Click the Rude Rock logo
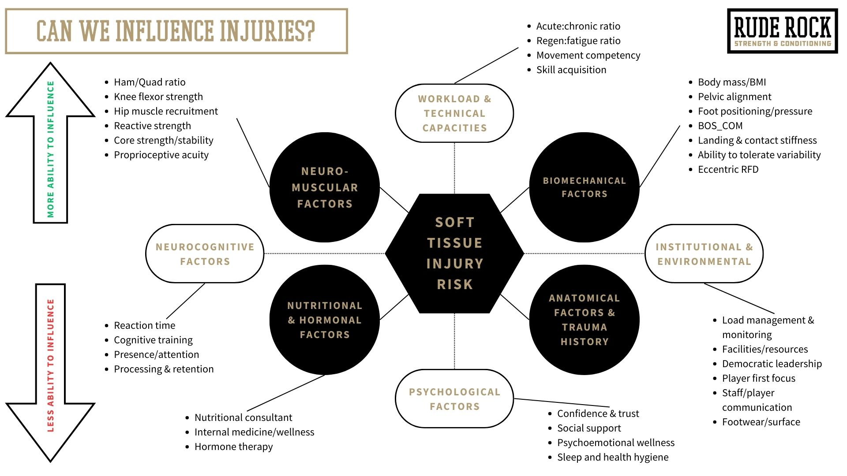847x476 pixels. (x=782, y=31)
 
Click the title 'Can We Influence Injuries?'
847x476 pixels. (x=176, y=31)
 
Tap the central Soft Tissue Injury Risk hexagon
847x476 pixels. (x=454, y=253)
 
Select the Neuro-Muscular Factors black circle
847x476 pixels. (x=325, y=187)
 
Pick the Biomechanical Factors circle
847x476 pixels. (x=584, y=187)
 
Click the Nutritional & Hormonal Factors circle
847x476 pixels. (x=325, y=320)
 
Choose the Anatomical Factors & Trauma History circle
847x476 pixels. (x=584, y=320)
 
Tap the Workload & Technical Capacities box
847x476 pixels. (x=454, y=113)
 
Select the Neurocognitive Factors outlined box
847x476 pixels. (x=205, y=254)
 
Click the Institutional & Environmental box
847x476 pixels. (x=704, y=254)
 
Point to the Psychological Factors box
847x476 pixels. (x=454, y=399)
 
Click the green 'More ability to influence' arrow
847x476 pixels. (x=50, y=145)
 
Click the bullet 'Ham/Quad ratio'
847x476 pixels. (x=150, y=82)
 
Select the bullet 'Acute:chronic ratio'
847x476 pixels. (x=578, y=26)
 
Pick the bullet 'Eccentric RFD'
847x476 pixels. (x=728, y=169)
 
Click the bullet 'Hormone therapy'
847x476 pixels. (x=233, y=446)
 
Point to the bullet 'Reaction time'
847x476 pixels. (x=144, y=325)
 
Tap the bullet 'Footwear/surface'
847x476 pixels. (x=761, y=422)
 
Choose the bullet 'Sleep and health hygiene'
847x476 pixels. (x=613, y=457)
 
